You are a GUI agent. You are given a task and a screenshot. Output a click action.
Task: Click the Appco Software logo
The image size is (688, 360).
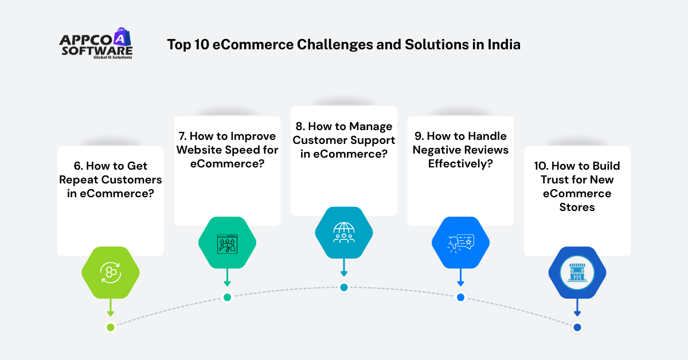(x=96, y=45)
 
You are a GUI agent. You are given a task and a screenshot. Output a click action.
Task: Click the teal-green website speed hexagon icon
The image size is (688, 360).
(x=227, y=242)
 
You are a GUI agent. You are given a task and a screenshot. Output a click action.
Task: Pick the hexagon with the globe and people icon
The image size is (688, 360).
(x=344, y=233)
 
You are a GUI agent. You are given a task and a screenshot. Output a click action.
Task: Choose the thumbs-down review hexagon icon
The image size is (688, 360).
(x=460, y=242)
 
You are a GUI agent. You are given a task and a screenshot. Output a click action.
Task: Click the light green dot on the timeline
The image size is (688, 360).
(x=111, y=327)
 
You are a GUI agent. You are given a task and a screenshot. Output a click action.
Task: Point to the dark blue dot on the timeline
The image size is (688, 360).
(x=577, y=327)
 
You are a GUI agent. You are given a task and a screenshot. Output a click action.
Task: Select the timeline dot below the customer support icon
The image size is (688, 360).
(x=344, y=287)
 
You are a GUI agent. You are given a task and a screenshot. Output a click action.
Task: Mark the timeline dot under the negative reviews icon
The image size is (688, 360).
(x=460, y=298)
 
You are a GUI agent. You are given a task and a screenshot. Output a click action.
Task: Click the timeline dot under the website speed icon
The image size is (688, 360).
(x=227, y=297)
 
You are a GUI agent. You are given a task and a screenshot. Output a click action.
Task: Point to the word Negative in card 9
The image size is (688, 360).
(x=437, y=150)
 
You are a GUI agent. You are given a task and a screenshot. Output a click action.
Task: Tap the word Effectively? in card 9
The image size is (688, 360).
(x=460, y=164)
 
